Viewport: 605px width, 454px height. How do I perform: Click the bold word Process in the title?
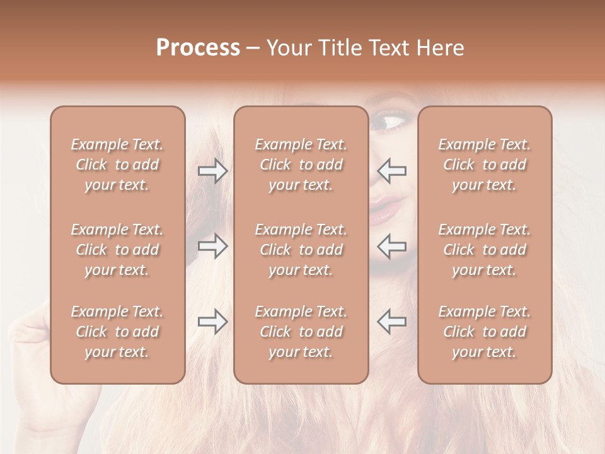tap(198, 48)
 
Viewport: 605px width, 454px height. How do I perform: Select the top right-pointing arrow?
tap(212, 171)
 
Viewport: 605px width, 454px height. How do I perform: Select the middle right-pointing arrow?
tap(212, 246)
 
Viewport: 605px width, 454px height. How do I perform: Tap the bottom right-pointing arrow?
tap(212, 322)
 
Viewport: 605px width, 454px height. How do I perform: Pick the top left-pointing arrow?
tap(391, 171)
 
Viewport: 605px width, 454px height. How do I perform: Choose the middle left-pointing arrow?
tap(391, 246)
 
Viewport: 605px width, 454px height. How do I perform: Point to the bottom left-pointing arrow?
tap(391, 322)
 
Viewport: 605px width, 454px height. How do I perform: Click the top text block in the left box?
tap(117, 165)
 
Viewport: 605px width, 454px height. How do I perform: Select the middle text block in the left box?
tap(117, 250)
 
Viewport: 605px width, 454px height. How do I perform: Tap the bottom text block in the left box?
tap(117, 332)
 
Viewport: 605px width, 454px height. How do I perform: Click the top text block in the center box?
tap(301, 165)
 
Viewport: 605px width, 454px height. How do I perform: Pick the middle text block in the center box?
tap(301, 250)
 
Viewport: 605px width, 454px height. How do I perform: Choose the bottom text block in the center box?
tap(301, 332)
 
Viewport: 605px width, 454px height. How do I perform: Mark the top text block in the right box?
tap(484, 165)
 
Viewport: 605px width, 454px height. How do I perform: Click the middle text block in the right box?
tap(484, 250)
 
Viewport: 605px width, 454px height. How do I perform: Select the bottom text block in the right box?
tap(484, 332)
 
